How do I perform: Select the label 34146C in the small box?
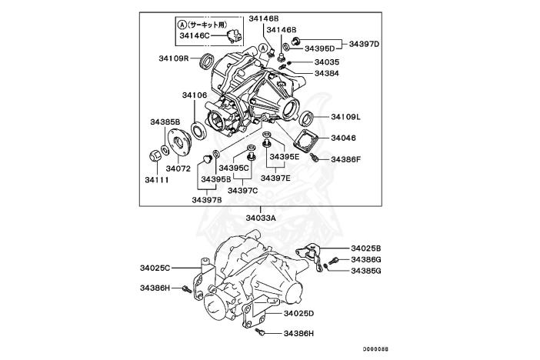(x=195, y=35)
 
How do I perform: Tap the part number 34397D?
(x=365, y=44)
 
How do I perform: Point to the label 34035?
(x=326, y=62)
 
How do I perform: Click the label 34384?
(x=326, y=74)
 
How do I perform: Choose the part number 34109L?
(x=346, y=117)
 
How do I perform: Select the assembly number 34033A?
(x=262, y=218)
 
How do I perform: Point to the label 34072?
(x=178, y=168)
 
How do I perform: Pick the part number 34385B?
(x=165, y=122)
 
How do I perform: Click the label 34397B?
(x=207, y=199)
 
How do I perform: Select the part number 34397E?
(x=275, y=178)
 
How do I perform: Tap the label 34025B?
(x=366, y=248)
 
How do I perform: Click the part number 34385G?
(x=366, y=270)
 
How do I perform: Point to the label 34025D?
(x=298, y=314)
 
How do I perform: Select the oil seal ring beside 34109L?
(x=305, y=118)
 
